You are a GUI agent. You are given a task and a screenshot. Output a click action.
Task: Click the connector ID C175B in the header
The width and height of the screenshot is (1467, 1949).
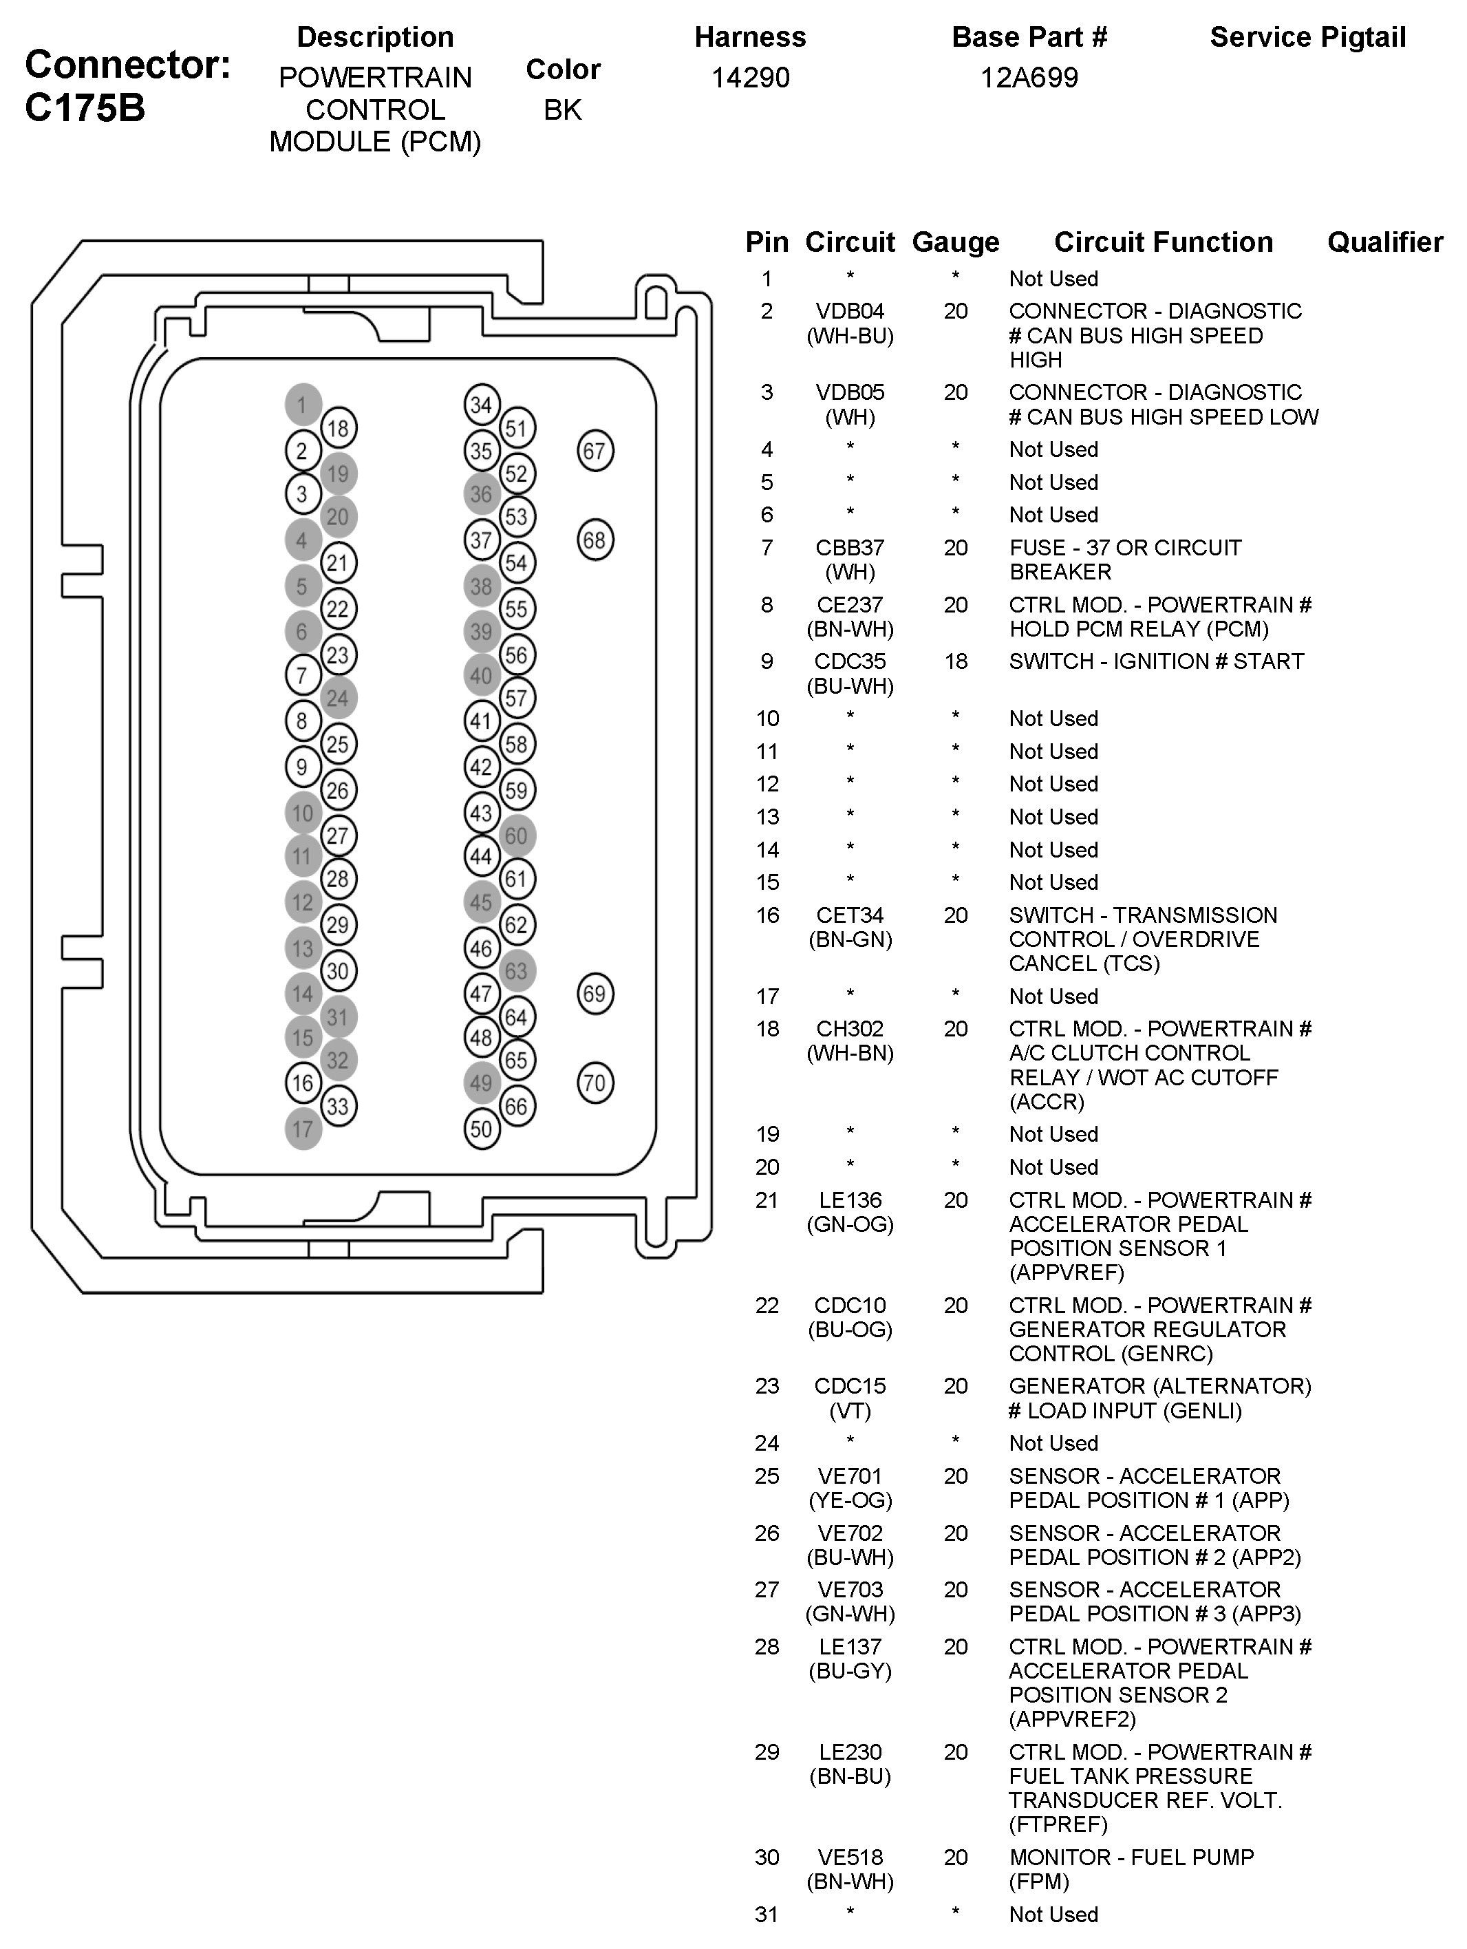click(85, 107)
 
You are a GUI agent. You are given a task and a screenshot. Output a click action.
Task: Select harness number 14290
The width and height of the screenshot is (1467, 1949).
click(750, 78)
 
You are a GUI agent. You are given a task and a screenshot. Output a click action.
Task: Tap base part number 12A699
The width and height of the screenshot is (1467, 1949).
click(1029, 78)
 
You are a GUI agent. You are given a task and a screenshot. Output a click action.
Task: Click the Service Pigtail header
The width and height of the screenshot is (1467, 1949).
click(1307, 37)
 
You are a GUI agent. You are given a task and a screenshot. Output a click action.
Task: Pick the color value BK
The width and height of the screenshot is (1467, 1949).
click(563, 109)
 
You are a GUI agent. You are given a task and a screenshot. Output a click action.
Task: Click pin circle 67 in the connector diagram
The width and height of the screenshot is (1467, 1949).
click(595, 451)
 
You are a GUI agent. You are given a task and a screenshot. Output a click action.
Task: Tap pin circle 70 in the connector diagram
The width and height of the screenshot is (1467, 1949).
click(595, 1083)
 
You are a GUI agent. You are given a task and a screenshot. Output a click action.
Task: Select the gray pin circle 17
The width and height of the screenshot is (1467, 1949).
click(303, 1129)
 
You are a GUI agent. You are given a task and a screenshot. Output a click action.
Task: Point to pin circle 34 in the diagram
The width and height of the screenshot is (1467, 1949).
click(481, 405)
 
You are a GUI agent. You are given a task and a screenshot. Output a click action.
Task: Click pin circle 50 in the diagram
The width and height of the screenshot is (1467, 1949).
click(481, 1129)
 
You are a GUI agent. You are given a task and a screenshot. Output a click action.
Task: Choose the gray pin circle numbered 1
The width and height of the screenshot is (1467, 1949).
click(303, 405)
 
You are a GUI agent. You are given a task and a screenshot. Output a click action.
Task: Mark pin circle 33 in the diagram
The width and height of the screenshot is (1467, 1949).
click(339, 1106)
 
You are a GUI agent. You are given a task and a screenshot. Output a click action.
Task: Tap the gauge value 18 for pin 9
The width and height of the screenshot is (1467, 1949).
click(956, 661)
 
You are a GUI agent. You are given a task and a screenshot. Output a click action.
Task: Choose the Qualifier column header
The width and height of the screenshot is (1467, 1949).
click(1385, 242)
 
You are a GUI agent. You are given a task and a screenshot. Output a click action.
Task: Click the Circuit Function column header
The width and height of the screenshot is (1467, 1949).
click(1163, 242)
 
